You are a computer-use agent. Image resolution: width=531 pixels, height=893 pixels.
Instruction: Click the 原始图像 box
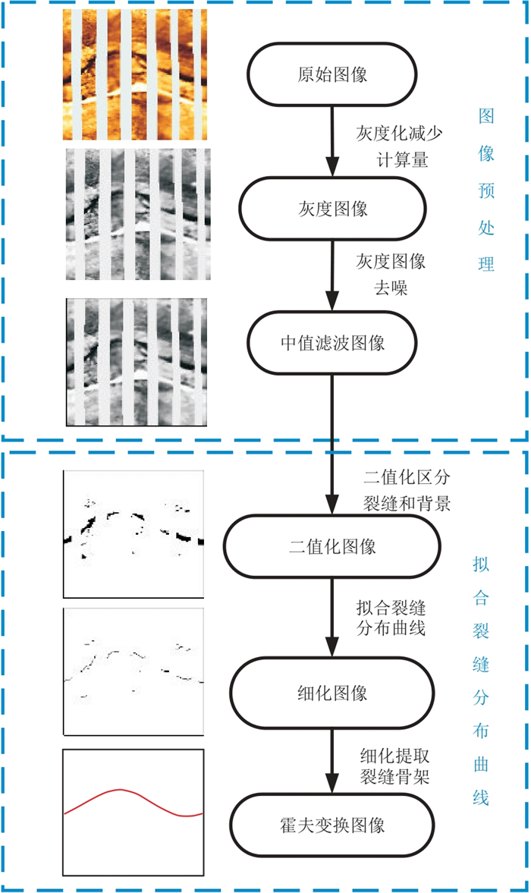(x=332, y=75)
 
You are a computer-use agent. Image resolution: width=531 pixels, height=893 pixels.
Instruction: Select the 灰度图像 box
(x=332, y=208)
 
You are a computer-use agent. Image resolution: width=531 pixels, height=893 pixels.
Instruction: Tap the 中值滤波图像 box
(x=332, y=343)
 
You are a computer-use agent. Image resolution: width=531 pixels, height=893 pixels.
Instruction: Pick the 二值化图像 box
(x=332, y=546)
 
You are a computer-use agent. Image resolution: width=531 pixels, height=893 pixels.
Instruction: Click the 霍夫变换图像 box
(x=332, y=823)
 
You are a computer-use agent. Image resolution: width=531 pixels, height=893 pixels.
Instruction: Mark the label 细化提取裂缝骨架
(x=394, y=765)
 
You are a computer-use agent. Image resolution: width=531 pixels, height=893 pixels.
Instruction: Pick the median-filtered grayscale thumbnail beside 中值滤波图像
(x=137, y=361)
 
